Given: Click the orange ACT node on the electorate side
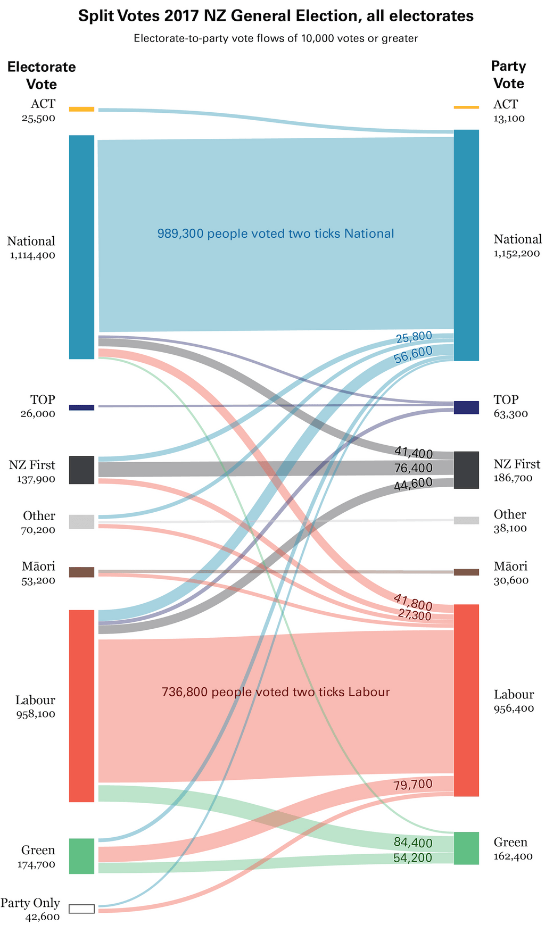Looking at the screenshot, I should (x=81, y=109).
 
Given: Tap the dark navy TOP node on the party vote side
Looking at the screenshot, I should (x=466, y=407).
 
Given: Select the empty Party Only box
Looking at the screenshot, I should (x=81, y=909).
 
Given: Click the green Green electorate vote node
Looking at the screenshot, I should (x=81, y=856).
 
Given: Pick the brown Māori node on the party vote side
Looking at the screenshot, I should (x=466, y=572).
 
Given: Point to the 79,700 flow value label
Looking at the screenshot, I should (x=412, y=785).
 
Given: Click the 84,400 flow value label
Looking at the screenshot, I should (x=412, y=842).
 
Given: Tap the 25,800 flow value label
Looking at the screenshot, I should (x=414, y=336).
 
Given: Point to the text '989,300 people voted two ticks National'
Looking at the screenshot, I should (x=276, y=234).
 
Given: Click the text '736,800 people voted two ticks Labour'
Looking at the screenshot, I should (x=276, y=692).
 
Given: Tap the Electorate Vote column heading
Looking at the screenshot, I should (x=42, y=76).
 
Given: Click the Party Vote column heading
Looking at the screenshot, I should (x=508, y=74).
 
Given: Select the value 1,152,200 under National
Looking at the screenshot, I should (x=516, y=254).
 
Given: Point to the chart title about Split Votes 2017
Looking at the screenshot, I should (x=276, y=16).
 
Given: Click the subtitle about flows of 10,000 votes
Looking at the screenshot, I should (x=276, y=38).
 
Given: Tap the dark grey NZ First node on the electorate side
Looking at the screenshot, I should (x=81, y=470).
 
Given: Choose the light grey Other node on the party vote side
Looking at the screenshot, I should (x=466, y=520).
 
